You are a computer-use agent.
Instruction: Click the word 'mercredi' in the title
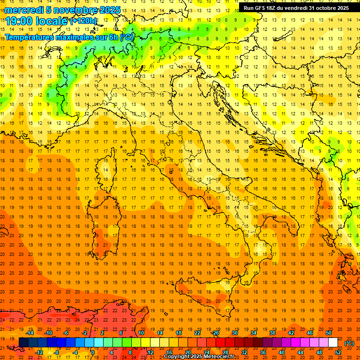pos(24,10)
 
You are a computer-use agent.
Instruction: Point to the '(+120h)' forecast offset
pos(83,21)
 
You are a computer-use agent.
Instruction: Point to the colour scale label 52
pos(338,352)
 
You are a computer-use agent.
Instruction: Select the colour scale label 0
pos(92,352)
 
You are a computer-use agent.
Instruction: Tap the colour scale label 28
pos(225,352)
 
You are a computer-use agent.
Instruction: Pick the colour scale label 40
pos(281,352)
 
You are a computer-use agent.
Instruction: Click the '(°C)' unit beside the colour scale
pos(349,343)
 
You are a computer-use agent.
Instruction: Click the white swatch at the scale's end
pos(333,342)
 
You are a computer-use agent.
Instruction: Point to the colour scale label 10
pos(141,333)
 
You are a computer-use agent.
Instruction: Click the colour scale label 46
pos(310,333)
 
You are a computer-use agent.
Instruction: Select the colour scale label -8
pos(56,352)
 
